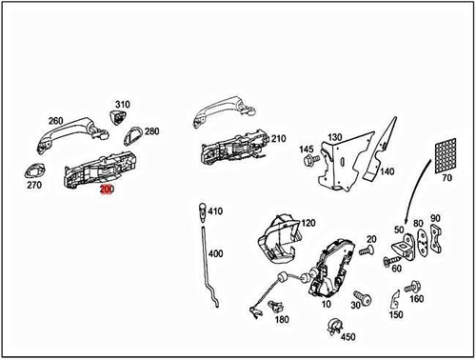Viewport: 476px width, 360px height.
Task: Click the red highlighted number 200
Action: coord(106,190)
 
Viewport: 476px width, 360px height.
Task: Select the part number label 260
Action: coord(55,121)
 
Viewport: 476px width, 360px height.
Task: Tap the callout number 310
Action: coord(123,104)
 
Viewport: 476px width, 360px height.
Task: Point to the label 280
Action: coord(151,131)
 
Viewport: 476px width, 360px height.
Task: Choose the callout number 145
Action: coord(306,150)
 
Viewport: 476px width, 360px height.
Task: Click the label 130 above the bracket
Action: coord(335,138)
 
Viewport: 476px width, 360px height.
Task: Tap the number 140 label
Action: coord(387,172)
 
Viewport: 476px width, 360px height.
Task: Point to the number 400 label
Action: coord(215,254)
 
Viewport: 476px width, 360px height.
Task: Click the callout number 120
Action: coord(307,223)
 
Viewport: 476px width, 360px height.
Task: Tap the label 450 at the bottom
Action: coord(347,336)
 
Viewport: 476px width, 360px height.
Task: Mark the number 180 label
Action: coord(281,320)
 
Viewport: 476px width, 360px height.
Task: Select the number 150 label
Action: coord(395,315)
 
